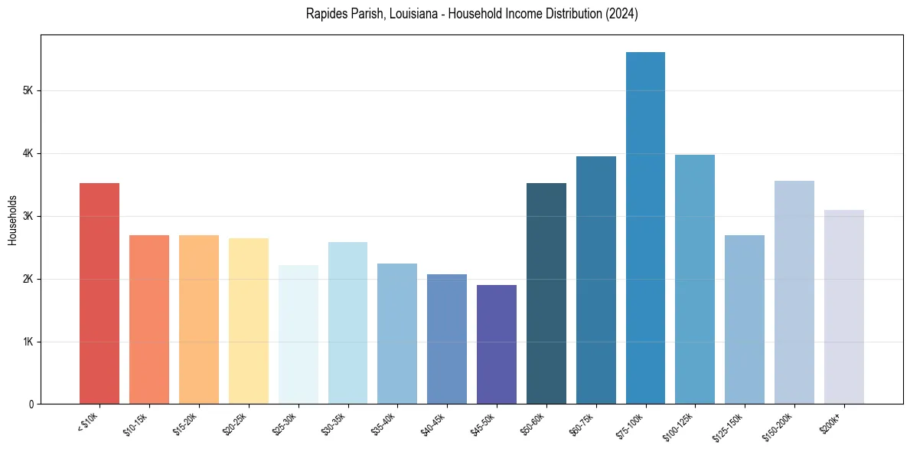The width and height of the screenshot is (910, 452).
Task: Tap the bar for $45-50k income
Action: [x=497, y=345]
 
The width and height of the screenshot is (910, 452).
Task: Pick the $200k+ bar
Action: [x=844, y=306]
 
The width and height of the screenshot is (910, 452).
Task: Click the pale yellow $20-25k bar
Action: [x=249, y=321]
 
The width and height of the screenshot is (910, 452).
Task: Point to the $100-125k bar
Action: [x=695, y=280]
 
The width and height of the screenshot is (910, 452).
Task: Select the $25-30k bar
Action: [x=298, y=335]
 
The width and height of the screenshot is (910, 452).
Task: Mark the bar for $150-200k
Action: [x=794, y=293]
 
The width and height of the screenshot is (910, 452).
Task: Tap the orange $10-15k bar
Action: [x=149, y=319]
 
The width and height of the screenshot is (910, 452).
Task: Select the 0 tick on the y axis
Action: [x=31, y=404]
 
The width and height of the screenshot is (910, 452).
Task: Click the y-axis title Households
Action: [x=12, y=220]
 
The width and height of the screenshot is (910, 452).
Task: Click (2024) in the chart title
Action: [x=619, y=14]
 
